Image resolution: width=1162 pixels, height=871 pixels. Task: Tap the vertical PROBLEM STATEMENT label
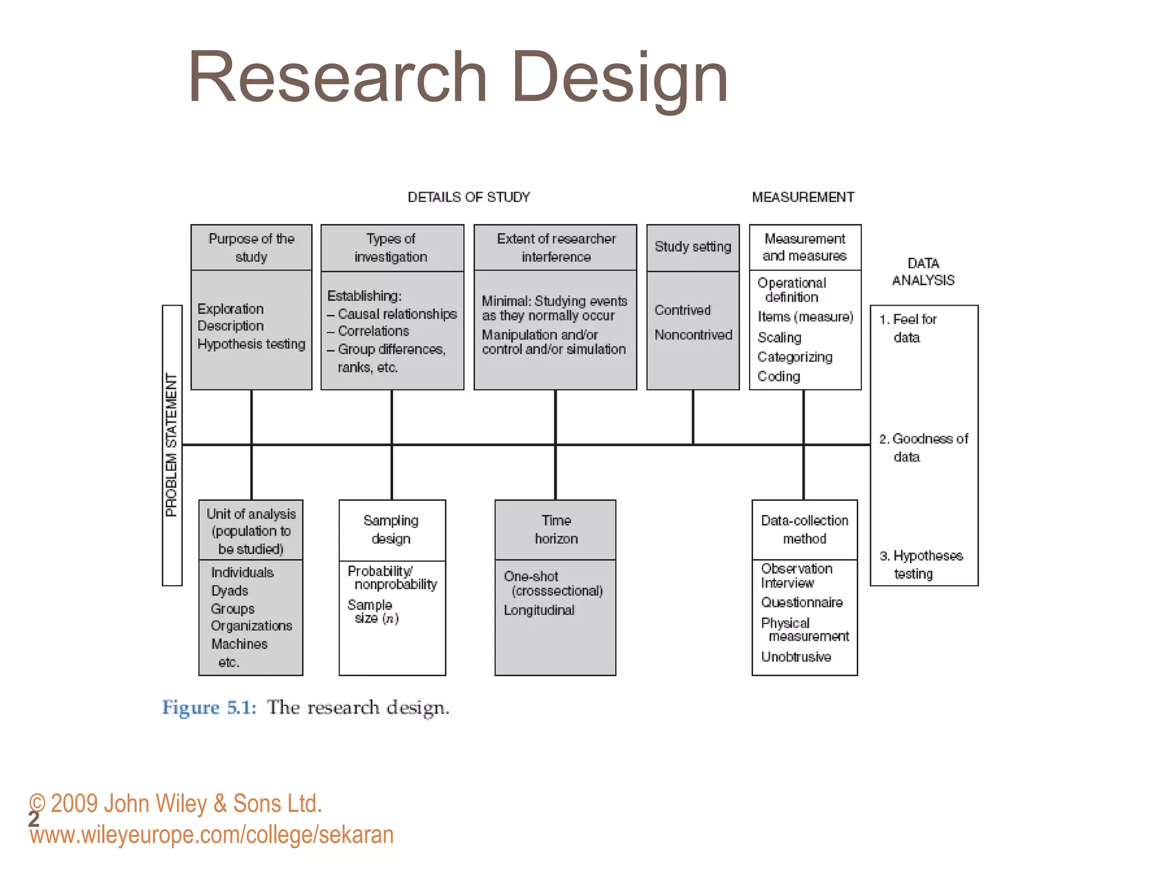[171, 445]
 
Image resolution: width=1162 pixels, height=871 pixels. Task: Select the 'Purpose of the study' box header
[251, 248]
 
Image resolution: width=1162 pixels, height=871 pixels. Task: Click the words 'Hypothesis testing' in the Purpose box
[251, 344]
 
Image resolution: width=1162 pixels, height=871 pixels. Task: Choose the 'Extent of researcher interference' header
[555, 248]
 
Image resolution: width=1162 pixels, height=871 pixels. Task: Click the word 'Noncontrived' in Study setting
[693, 335]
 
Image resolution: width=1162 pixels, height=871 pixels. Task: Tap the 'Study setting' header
[693, 247]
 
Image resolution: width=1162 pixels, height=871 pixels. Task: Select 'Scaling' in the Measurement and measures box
[779, 338]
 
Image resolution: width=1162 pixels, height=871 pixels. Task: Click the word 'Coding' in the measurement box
[778, 377]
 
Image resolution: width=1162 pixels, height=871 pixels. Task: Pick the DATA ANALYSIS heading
[923, 272]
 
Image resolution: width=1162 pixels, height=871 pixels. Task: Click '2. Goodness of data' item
[923, 447]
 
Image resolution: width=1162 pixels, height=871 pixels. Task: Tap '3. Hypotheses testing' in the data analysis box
[921, 564]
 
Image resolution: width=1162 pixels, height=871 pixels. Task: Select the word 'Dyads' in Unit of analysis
[230, 591]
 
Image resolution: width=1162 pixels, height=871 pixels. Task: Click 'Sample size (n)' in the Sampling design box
[373, 612]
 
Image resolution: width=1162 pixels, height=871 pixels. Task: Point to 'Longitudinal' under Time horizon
[539, 610]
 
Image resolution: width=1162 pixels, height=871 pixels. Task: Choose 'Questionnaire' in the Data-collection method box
[802, 603]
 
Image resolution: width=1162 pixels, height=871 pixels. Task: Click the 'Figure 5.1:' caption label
[209, 708]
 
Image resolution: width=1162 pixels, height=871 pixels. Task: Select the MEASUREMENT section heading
[803, 197]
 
